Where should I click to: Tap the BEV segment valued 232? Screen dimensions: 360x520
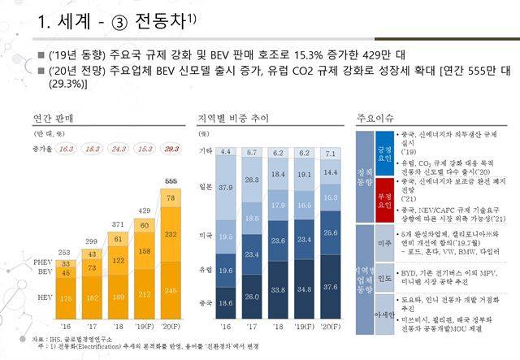point(171,234)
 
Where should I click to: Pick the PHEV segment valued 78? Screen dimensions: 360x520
point(171,197)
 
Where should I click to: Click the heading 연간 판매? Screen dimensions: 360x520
point(54,117)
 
